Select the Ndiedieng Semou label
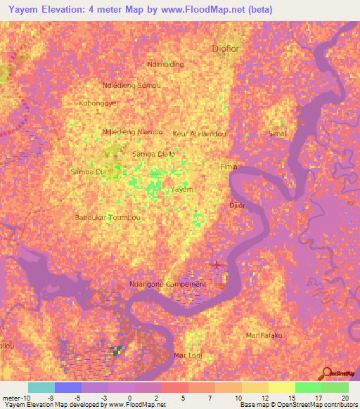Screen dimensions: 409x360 click(131, 85)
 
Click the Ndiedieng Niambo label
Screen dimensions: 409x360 click(132, 131)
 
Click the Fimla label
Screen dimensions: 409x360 click(229, 167)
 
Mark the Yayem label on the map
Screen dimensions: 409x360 click(182, 190)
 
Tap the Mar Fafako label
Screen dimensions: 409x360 click(264, 335)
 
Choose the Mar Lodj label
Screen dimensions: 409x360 click(188, 356)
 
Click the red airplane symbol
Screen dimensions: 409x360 click(216, 264)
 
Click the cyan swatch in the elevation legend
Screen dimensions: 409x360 click(41, 387)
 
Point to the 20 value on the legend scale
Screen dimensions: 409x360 click(343, 398)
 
